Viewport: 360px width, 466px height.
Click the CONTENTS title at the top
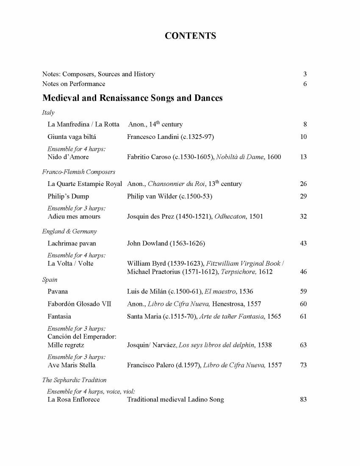pyautogui.click(x=190, y=36)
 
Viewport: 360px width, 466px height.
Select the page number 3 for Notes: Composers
pyautogui.click(x=305, y=74)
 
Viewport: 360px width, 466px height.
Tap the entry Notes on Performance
pyautogui.click(x=74, y=84)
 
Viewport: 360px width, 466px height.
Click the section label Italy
pyautogui.click(x=48, y=113)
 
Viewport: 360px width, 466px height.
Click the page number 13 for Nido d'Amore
pyautogui.click(x=303, y=157)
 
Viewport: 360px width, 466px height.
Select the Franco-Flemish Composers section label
pyautogui.click(x=79, y=172)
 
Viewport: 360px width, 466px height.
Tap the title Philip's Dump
pyautogui.click(x=69, y=197)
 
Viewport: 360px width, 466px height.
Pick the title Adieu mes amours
pyautogui.click(x=74, y=216)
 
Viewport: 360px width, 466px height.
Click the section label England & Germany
pyautogui.click(x=69, y=231)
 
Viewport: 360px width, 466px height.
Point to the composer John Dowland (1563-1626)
pyautogui.click(x=166, y=244)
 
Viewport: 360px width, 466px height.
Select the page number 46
pyautogui.click(x=303, y=272)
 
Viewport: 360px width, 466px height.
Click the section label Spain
pyautogui.click(x=49, y=280)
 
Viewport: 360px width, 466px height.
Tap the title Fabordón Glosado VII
pyautogui.click(x=79, y=304)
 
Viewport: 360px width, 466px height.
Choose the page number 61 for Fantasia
pyautogui.click(x=303, y=316)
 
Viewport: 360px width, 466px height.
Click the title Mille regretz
pyautogui.click(x=66, y=345)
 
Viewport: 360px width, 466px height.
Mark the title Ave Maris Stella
pyautogui.click(x=72, y=365)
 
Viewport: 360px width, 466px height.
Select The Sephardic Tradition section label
pyautogui.click(x=75, y=380)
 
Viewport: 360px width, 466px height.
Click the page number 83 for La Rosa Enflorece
pyautogui.click(x=303, y=399)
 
